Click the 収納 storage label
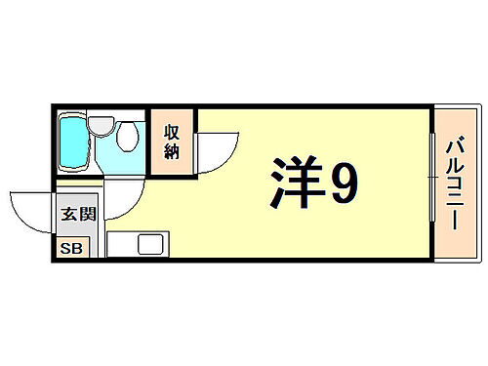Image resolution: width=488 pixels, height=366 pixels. click(173, 143)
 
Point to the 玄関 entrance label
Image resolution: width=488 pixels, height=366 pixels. click(74, 216)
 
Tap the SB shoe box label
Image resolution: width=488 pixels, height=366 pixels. click(73, 248)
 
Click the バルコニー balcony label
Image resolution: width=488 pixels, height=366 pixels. click(455, 182)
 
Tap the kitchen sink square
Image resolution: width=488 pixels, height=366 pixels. click(152, 245)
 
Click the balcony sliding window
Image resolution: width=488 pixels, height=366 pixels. click(431, 182)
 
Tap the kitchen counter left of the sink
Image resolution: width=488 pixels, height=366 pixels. click(121, 245)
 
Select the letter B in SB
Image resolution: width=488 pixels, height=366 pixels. click(78, 248)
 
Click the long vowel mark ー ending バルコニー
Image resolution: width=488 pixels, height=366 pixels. click(455, 222)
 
